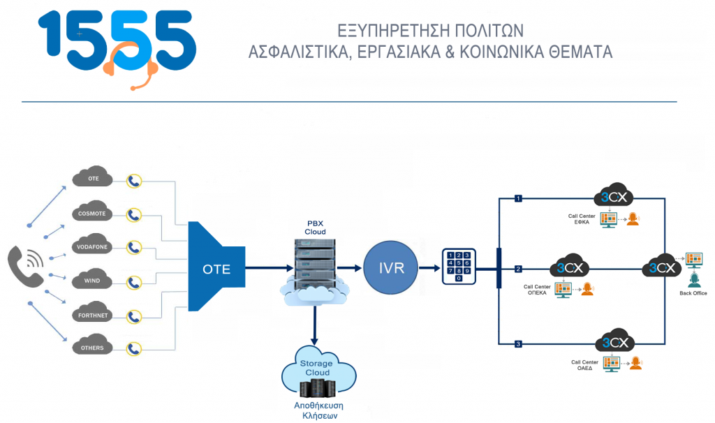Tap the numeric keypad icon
(458, 265)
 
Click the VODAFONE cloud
(91, 246)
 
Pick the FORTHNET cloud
(91, 316)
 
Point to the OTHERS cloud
(91, 347)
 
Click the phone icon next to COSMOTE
(134, 214)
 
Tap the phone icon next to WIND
(134, 282)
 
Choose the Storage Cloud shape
(316, 370)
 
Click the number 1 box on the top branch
(518, 198)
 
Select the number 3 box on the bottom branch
(518, 343)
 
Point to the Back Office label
(693, 293)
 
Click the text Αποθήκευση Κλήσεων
(316, 410)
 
